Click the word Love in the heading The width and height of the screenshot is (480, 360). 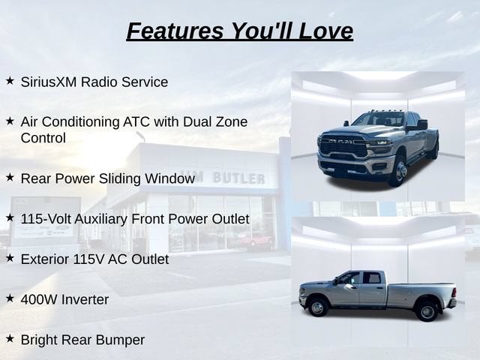click(x=325, y=31)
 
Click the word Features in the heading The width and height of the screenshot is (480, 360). click(x=175, y=31)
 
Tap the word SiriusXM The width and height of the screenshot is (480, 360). click(x=49, y=82)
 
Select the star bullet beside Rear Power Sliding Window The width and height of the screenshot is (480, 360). click(x=10, y=177)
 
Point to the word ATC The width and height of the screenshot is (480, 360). click(x=136, y=121)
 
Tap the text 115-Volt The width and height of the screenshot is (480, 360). click(x=46, y=219)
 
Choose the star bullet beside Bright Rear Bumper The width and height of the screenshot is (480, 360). click(x=10, y=338)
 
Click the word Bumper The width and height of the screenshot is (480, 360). click(x=120, y=340)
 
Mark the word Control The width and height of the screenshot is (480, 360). click(x=43, y=138)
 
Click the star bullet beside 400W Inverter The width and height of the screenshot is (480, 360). click(x=10, y=298)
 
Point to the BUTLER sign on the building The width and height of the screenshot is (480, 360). click(x=238, y=178)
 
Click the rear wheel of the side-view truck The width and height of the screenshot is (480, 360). click(x=427, y=312)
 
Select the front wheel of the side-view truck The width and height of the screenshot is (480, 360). click(x=318, y=307)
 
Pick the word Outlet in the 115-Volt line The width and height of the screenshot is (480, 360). click(x=231, y=219)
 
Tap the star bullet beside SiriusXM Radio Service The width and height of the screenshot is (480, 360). click(x=10, y=80)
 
